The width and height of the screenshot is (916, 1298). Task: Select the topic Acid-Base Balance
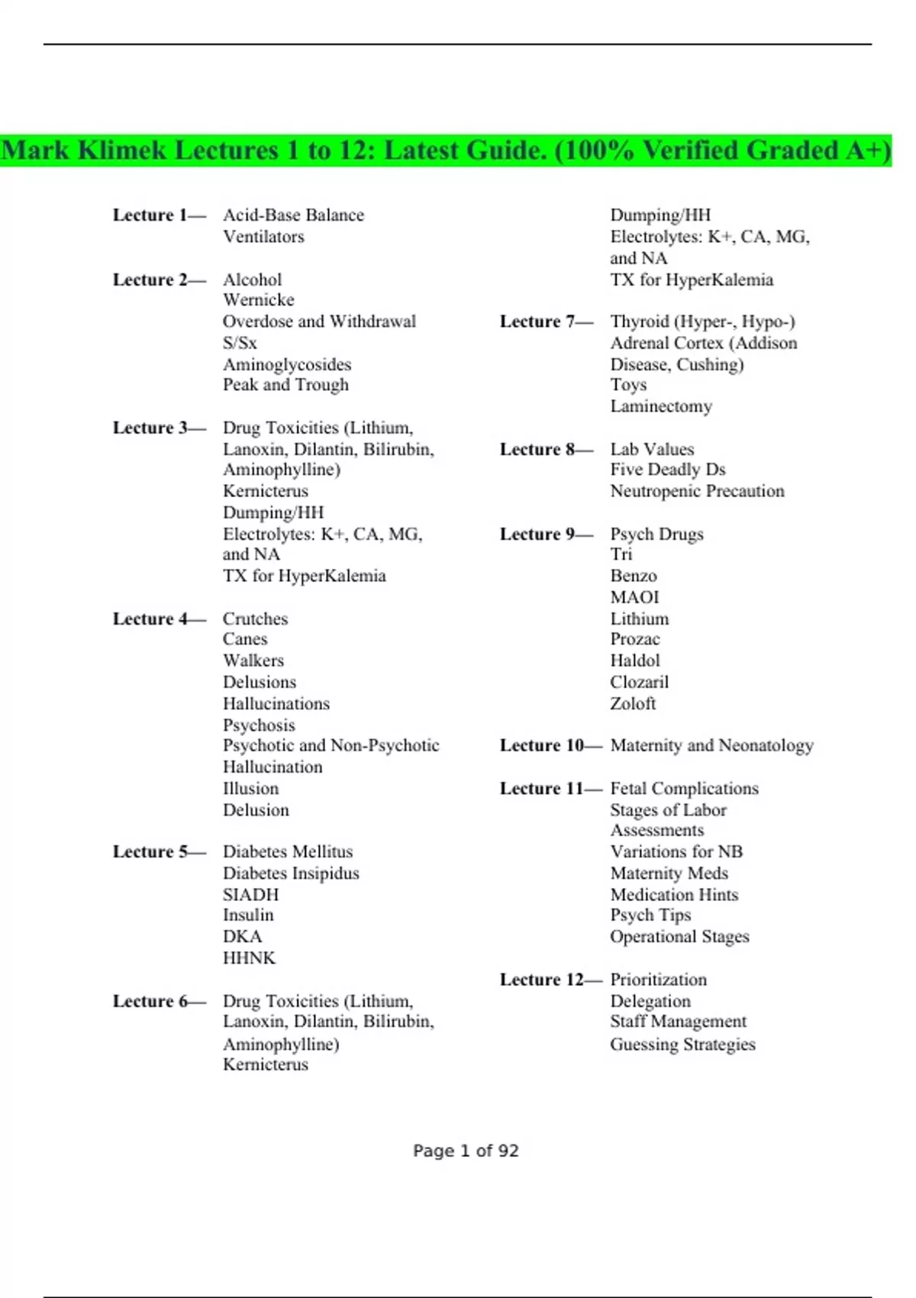pos(293,215)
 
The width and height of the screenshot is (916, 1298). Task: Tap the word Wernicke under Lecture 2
pos(258,300)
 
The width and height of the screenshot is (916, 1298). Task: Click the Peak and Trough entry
pos(285,385)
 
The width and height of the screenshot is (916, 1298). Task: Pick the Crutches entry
pos(255,618)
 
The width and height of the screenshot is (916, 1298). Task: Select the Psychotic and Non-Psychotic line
pos(331,745)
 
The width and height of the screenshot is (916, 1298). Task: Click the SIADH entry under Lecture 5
pos(250,894)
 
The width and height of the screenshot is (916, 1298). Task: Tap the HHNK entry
pos(249,957)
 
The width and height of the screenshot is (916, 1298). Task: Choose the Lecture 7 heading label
pos(546,321)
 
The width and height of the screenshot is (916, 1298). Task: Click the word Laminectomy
pos(661,406)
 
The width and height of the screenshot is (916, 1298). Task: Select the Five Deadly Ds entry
pos(667,470)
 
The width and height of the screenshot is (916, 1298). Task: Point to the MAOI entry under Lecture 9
pos(634,597)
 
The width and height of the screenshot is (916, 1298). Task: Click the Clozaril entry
pos(639,682)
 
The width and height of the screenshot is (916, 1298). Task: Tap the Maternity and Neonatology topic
pos(711,745)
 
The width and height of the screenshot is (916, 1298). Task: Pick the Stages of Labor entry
pos(668,809)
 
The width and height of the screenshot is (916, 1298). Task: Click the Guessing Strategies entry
pos(682,1044)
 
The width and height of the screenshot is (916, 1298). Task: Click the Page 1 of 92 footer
pos(466,1151)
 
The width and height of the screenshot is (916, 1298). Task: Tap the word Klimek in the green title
pos(121,150)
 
